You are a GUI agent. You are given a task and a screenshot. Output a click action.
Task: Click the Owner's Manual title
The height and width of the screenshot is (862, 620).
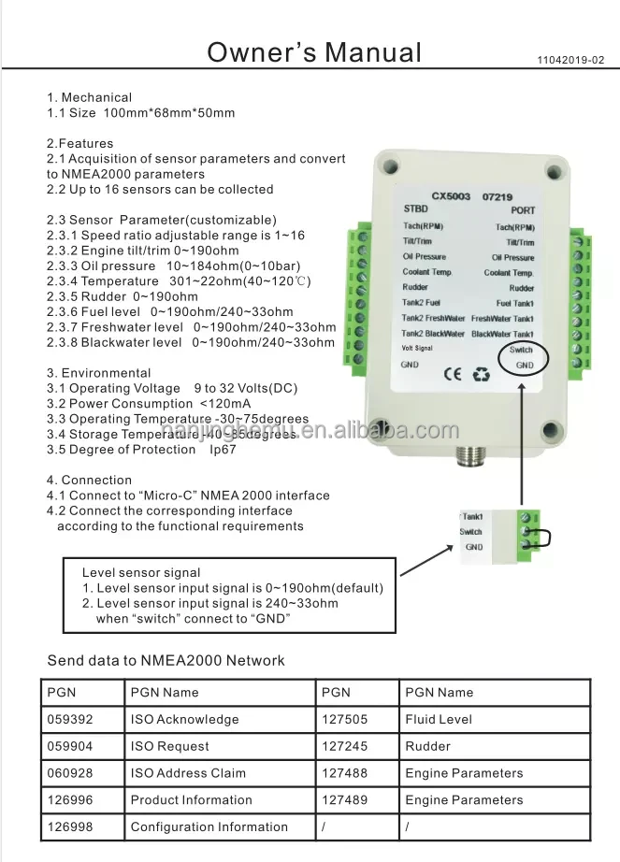coord(314,52)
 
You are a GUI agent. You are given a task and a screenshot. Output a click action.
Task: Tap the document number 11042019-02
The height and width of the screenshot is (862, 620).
coord(571,59)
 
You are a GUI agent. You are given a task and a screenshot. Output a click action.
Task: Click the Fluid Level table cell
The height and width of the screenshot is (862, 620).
coord(439,719)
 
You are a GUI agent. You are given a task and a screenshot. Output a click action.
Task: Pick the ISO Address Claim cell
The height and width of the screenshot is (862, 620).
coord(188,773)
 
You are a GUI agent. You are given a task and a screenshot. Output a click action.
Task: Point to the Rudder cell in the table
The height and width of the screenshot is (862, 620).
coord(427,746)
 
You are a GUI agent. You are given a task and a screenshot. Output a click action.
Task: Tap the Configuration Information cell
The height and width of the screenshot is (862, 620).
coord(209,826)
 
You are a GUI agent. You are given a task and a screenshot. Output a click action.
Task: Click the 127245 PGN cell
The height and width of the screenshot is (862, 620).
coord(344,746)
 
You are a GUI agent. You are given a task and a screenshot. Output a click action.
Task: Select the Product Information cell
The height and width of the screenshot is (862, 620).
coord(191,799)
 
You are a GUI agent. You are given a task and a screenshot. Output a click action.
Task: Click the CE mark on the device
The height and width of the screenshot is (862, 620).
coord(448,373)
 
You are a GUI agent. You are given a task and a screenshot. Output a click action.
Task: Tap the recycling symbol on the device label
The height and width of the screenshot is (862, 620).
coord(481,373)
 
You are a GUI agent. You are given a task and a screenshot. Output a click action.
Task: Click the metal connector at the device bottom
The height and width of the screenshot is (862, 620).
coord(467,454)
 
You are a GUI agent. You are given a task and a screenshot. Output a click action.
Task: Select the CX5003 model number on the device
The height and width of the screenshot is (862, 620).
coord(451,197)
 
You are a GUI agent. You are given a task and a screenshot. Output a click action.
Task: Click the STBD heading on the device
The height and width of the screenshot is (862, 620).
coord(415,209)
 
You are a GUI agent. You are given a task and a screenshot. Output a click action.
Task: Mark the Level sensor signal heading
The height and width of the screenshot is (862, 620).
coord(141,572)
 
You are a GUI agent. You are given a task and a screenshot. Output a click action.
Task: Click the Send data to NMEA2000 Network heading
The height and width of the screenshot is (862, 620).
coord(166,660)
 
